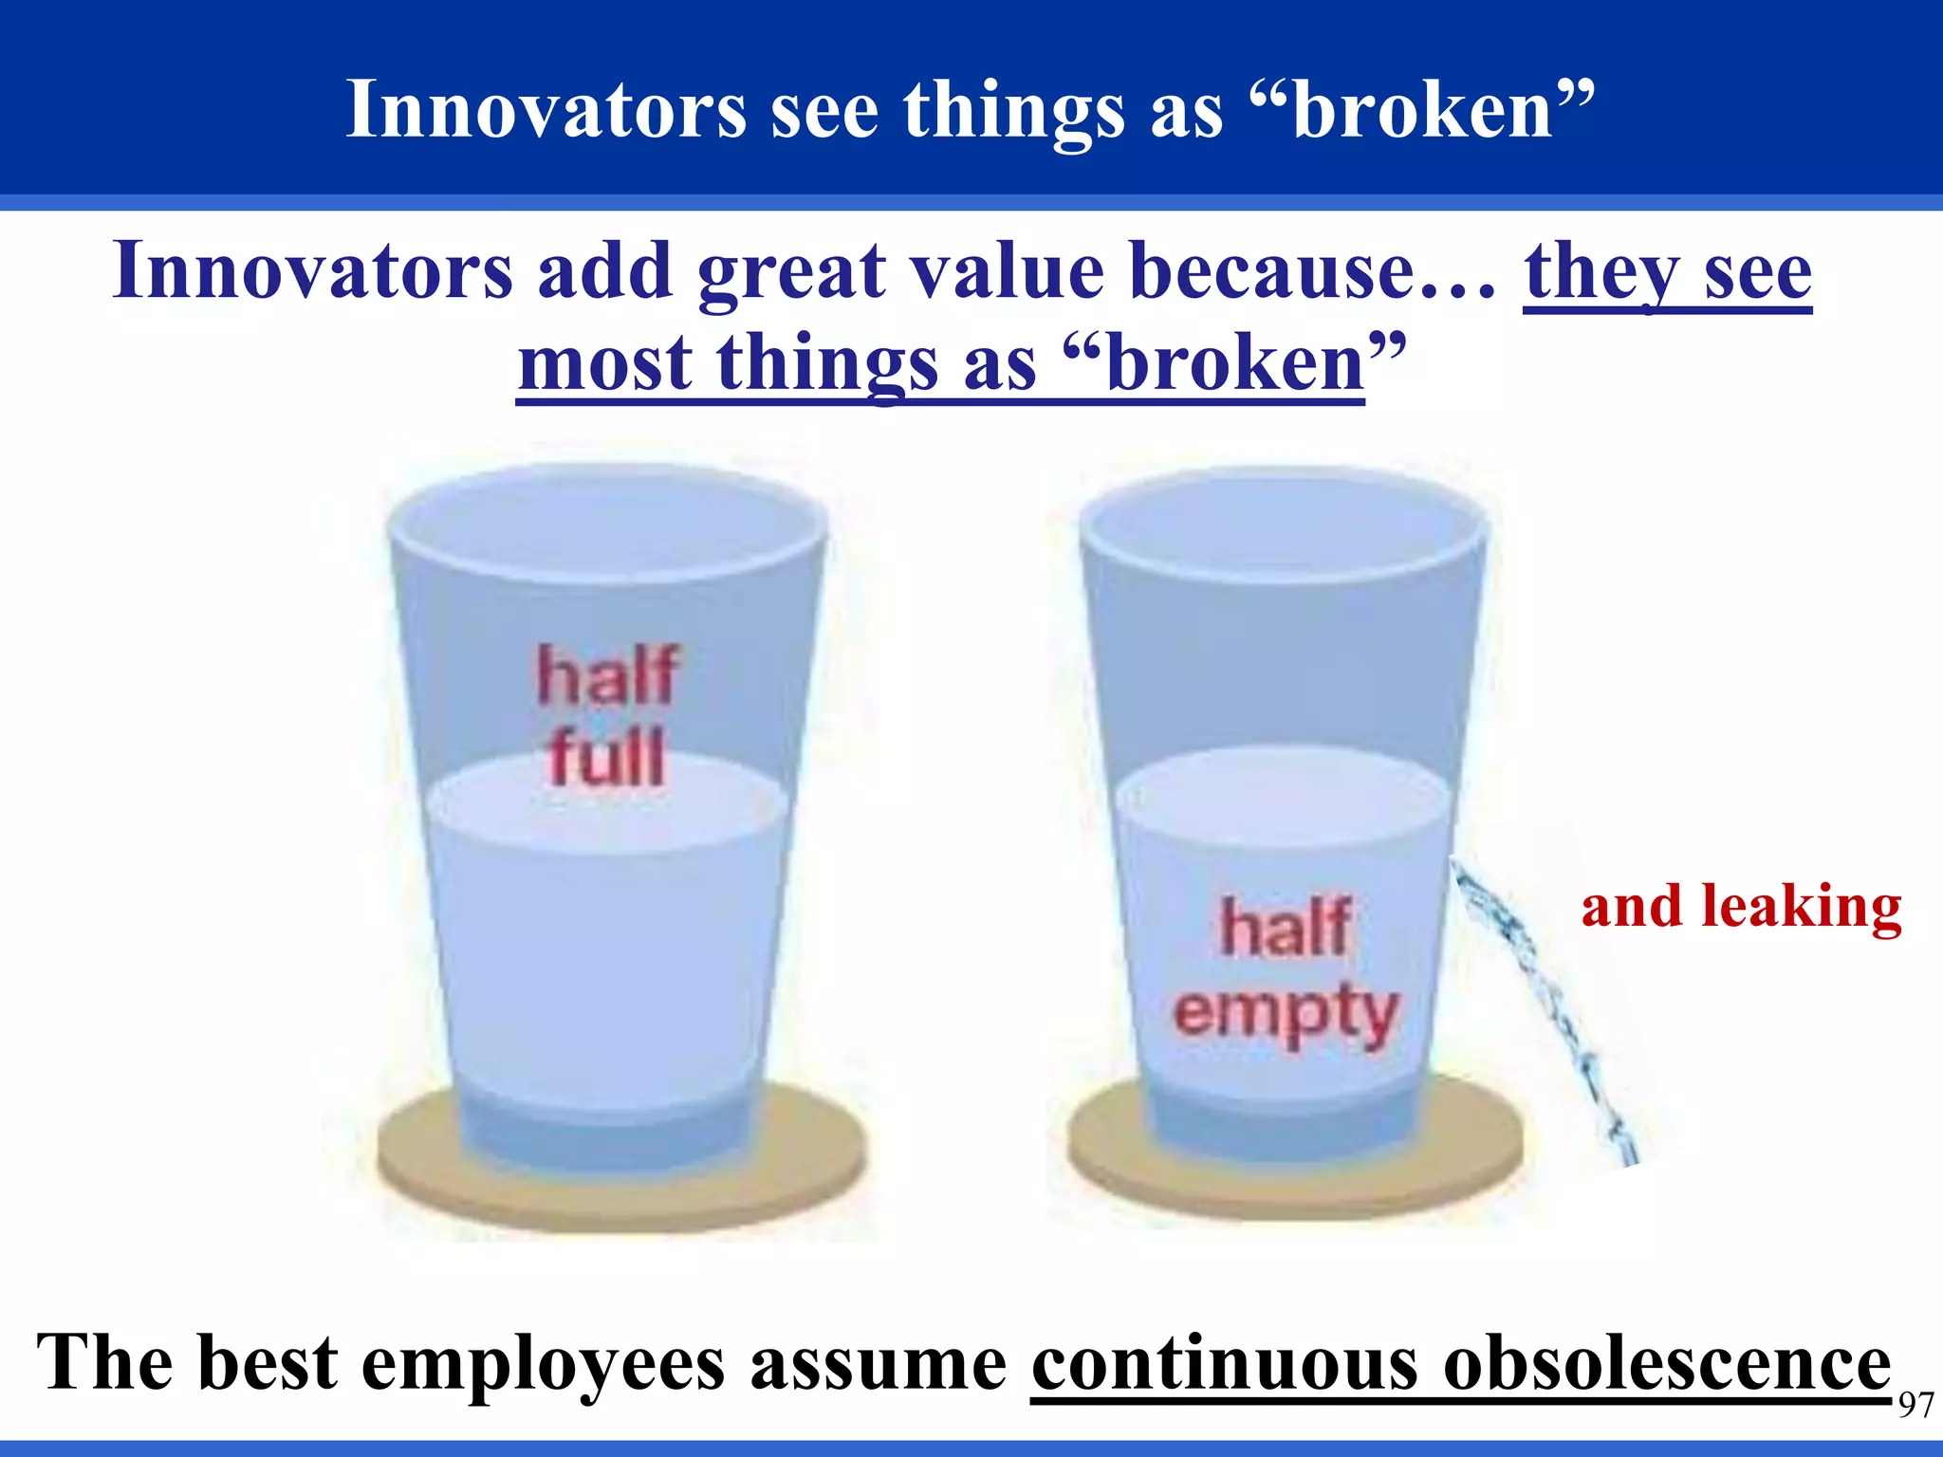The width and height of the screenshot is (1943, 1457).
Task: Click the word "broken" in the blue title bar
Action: pos(1422,110)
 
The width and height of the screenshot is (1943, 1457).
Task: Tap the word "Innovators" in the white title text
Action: pos(546,110)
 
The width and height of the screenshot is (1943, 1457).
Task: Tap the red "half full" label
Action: pos(607,716)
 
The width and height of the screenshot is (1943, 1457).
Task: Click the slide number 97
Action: pos(1915,1405)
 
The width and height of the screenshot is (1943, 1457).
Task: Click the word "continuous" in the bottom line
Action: pos(1224,1364)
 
